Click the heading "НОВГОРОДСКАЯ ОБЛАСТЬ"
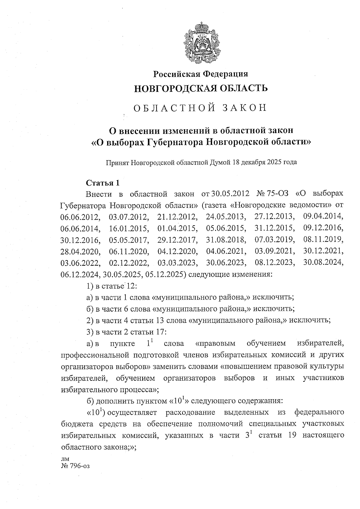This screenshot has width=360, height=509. (200, 88)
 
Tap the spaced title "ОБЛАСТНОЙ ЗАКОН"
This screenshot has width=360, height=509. (200, 108)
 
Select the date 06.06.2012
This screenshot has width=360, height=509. (80, 217)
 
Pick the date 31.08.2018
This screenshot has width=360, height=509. (226, 240)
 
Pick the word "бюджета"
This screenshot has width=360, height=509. (74, 424)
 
